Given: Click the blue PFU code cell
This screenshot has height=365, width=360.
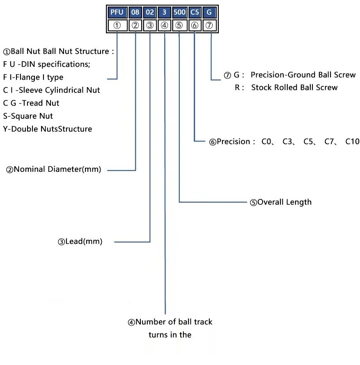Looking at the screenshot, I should (117, 12).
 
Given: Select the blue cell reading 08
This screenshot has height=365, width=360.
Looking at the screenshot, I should (135, 12).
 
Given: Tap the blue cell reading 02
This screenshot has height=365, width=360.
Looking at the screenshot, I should (150, 12).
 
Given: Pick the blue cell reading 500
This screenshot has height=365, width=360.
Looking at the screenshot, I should (179, 12).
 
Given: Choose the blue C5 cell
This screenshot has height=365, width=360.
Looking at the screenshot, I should (195, 12).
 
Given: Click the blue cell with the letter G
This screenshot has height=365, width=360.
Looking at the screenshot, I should (209, 12).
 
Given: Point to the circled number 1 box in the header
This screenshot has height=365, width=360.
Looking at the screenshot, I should (117, 25).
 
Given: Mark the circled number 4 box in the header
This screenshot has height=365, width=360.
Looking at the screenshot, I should (165, 25).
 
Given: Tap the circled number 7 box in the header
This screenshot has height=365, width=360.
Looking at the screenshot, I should (209, 25).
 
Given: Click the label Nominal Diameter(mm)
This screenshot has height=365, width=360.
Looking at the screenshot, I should (57, 169).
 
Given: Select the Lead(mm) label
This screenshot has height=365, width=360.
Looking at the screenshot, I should (83, 242).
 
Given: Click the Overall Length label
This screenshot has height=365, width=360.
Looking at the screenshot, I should (284, 202).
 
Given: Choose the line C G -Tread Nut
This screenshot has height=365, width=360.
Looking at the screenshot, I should (31, 103).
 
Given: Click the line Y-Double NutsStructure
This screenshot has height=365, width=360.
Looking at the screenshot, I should (48, 129).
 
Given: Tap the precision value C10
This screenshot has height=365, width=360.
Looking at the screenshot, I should (352, 142).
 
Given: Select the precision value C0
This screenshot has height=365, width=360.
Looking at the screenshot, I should (267, 142).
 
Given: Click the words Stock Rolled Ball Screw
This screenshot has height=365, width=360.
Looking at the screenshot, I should (294, 88).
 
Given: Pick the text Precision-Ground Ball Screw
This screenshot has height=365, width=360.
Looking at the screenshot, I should (303, 75).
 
